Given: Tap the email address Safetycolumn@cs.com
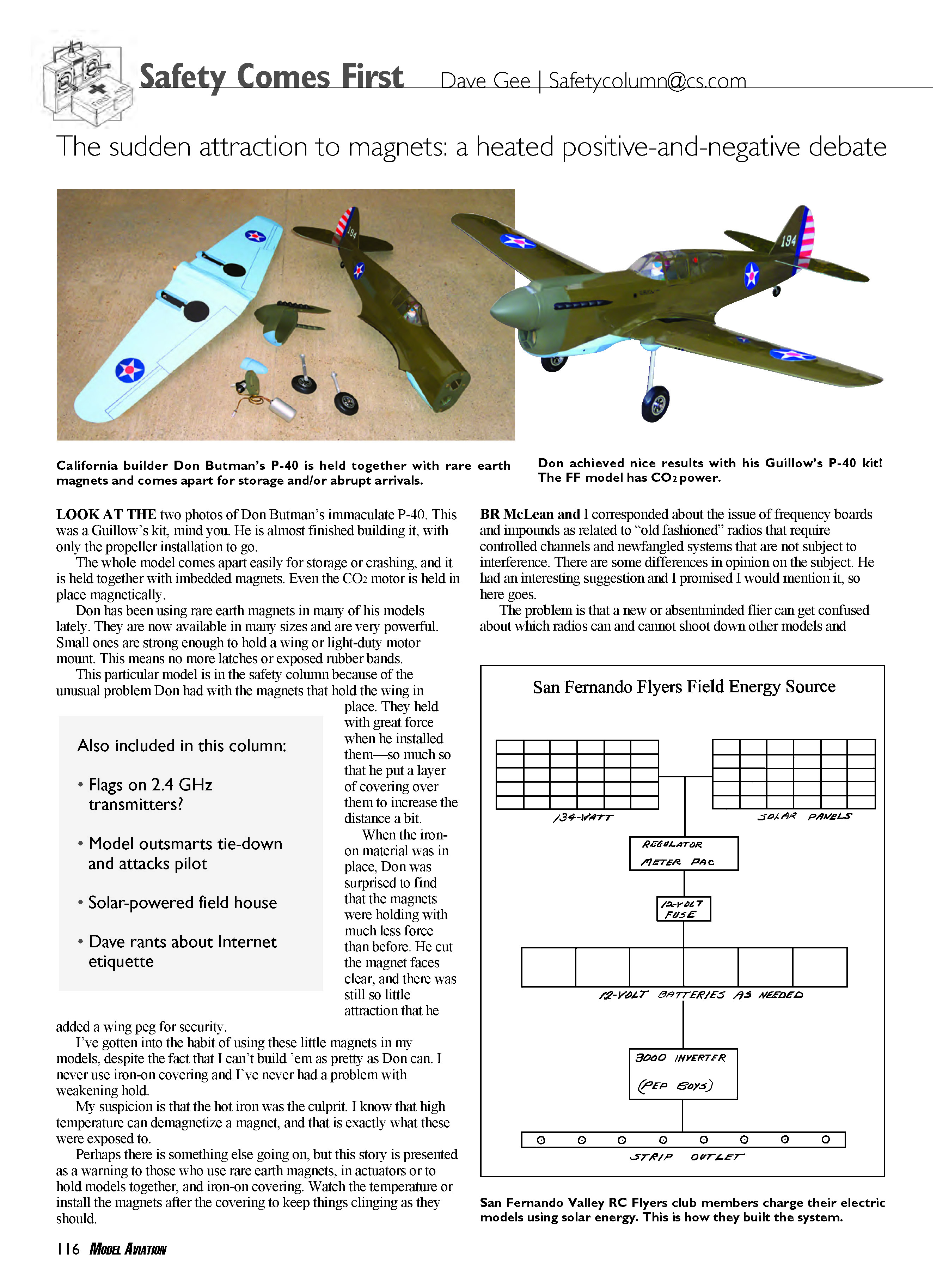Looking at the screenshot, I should (647, 80).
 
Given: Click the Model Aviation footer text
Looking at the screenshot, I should (128, 1249).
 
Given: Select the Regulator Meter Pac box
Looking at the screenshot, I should (683, 853).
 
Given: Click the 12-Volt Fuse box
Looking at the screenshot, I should (683, 909).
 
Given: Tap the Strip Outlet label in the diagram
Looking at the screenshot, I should (686, 1156).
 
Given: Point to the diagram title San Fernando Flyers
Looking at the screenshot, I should (684, 687).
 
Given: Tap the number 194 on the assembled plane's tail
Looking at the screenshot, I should (788, 240).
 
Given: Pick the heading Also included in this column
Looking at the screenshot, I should (182, 745).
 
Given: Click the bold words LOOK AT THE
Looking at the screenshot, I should (106, 514).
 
